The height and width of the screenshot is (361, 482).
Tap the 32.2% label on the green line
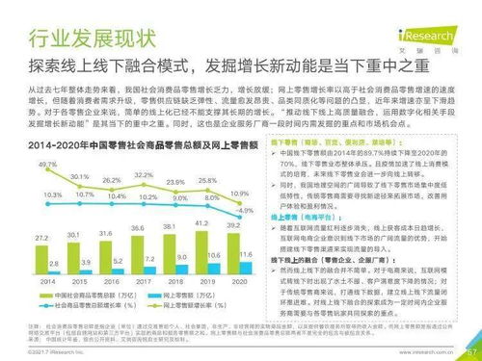[144, 174]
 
